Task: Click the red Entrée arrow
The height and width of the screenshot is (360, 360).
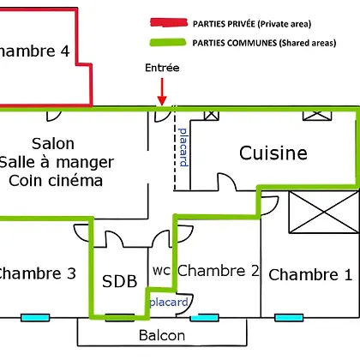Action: coord(162,92)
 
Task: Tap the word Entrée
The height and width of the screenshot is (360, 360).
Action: coord(162,68)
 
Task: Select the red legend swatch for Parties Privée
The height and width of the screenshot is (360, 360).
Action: coord(169,22)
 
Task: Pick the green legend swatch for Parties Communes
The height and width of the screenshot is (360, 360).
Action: coord(168,43)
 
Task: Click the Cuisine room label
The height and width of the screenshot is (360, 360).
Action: coord(273,153)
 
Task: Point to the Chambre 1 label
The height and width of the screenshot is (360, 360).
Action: coord(310,274)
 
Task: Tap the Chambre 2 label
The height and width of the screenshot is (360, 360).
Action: coord(219,271)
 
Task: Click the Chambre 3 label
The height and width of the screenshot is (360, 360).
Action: coord(37,273)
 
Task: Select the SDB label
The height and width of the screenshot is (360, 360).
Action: coord(120,281)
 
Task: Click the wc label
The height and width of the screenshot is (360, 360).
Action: coord(161,271)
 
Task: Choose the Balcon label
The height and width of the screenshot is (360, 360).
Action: coord(162,335)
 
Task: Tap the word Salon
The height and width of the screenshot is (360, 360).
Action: coord(53,143)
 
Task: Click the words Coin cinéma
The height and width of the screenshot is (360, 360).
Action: coord(56,181)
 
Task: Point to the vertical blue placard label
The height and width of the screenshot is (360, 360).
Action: coord(183,147)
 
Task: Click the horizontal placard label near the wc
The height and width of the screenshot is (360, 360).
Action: coord(169,302)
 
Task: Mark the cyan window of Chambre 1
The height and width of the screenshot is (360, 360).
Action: coord(289,317)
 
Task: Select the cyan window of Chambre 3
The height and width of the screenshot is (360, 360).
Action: coord(35,317)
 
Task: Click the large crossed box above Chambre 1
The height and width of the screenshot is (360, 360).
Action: coord(324,212)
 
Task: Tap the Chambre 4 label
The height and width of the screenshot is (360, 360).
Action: coord(35,51)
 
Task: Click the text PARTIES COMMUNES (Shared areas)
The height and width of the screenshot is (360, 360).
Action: coord(264,43)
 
